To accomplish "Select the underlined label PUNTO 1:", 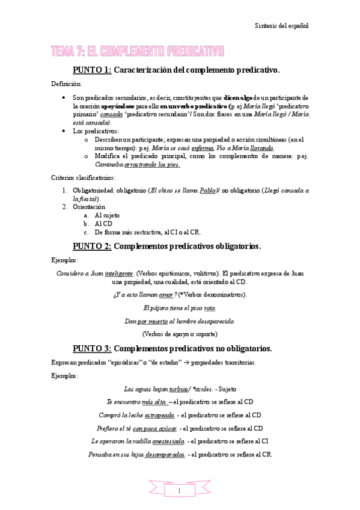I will coord(92,70).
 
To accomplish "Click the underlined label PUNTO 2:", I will coord(92,246).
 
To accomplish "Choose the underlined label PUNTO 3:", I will coord(92,348).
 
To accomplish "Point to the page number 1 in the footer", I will coord(180,491).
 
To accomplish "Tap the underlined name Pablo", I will coord(208,190).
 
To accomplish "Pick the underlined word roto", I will coord(210,308).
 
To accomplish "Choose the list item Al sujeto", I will coord(107,215).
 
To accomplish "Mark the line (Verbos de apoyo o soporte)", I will coord(180,334).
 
